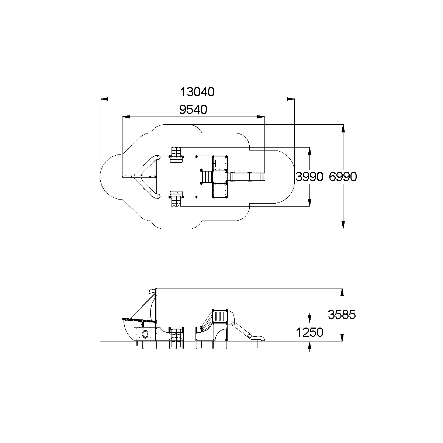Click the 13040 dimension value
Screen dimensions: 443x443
coord(197,92)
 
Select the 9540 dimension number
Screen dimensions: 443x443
coord(193,110)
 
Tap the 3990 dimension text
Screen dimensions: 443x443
coord(309,177)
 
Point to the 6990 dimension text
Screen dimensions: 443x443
coord(343,177)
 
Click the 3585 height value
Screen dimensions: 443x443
coord(342,315)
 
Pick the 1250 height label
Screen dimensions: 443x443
coord(309,332)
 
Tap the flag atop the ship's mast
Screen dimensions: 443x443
coord(152,291)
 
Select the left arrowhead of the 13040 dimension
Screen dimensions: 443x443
coord(104,99)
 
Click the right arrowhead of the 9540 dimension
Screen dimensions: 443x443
coord(261,117)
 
